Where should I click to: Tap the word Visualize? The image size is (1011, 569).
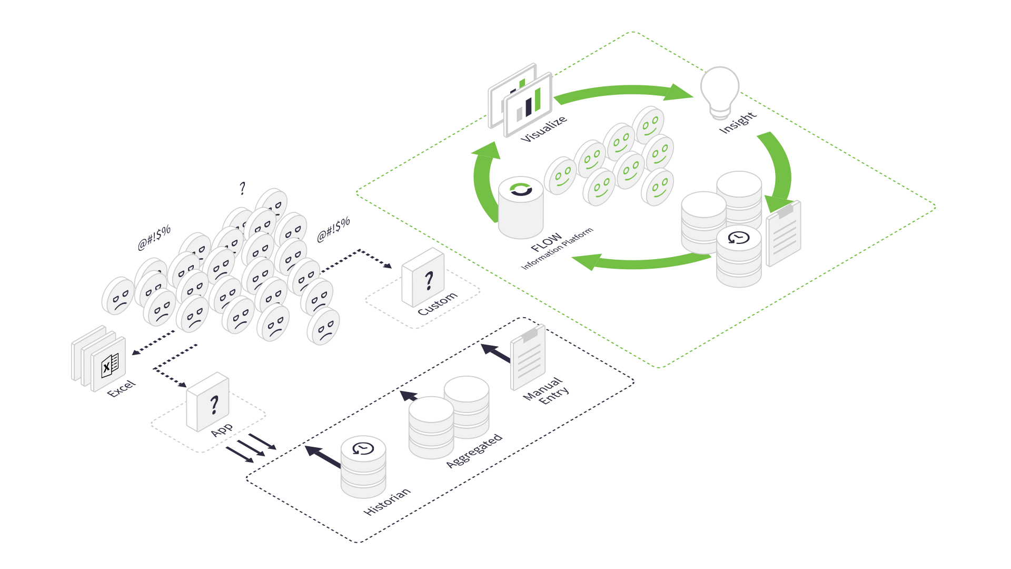(543, 129)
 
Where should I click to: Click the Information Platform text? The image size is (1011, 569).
(557, 249)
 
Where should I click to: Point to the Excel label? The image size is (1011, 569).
(122, 388)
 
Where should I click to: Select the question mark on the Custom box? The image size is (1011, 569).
(429, 280)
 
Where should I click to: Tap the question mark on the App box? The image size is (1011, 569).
(214, 405)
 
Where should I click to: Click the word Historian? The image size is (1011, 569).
(387, 501)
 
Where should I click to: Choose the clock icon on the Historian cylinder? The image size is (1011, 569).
(363, 449)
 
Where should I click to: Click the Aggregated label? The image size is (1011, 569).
(474, 451)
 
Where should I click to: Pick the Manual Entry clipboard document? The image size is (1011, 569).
(528, 357)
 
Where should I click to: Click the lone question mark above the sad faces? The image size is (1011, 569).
(242, 188)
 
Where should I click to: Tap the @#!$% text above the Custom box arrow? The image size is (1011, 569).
(333, 230)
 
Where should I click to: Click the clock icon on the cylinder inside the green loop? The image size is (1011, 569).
(739, 238)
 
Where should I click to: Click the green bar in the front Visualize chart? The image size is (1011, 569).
(538, 100)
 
